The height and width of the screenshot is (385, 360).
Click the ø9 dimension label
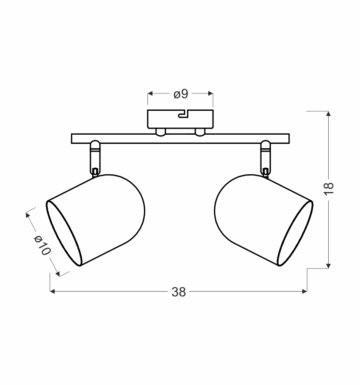point(180,94)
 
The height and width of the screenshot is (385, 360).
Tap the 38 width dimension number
point(178,292)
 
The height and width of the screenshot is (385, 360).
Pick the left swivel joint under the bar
point(95,156)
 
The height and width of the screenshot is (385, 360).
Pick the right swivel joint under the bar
point(265,156)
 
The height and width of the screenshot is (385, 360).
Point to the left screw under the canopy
point(160,132)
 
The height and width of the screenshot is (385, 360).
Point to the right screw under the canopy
point(200,132)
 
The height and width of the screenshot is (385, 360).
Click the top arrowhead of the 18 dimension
point(329,114)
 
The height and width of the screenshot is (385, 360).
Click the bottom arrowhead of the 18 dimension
point(329,265)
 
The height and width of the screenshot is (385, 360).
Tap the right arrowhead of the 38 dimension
point(304,292)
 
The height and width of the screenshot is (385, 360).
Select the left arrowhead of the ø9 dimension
point(150,93)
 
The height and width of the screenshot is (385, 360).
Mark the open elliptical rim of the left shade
point(64,233)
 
